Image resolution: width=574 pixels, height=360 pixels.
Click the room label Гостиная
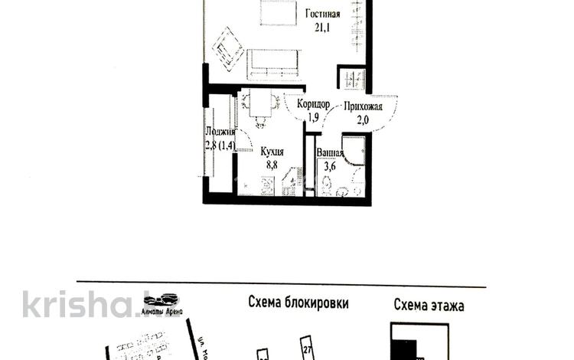click(323, 13)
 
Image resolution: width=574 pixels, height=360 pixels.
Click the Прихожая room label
click(363, 106)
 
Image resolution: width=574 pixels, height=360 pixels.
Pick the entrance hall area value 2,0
click(364, 119)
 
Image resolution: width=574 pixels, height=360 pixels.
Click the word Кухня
click(274, 152)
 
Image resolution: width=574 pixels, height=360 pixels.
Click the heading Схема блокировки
click(298, 303)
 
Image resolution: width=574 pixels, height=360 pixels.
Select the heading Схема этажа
click(429, 305)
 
